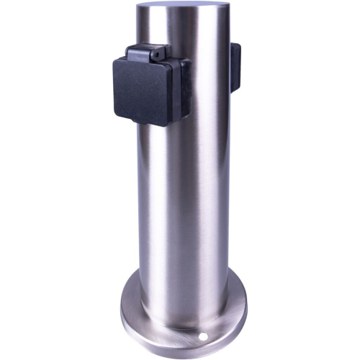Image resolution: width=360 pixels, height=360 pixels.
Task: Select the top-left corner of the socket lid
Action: (x=115, y=61)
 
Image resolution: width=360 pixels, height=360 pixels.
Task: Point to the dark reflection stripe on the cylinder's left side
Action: (x=148, y=216)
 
